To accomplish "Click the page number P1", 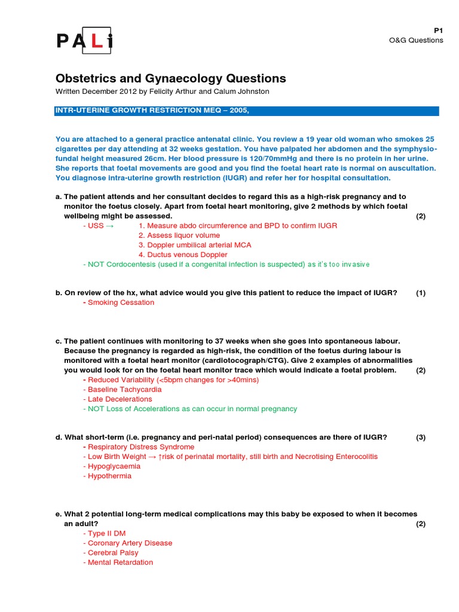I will (x=438, y=30).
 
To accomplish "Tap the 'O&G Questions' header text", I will (x=416, y=40).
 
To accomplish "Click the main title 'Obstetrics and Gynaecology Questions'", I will (x=170, y=78).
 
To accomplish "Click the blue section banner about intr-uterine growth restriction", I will (x=247, y=111).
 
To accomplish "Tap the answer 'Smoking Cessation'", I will (x=121, y=302).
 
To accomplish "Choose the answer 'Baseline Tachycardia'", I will (x=124, y=389).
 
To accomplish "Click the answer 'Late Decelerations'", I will (x=120, y=399).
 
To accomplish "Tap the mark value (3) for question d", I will (x=421, y=437).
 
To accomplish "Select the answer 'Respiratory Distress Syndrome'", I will (x=140, y=446).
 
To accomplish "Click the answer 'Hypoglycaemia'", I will (x=114, y=466).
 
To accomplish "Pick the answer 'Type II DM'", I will (x=106, y=533).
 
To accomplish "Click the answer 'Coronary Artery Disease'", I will (x=130, y=543).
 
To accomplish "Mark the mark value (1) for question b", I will (x=421, y=293).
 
